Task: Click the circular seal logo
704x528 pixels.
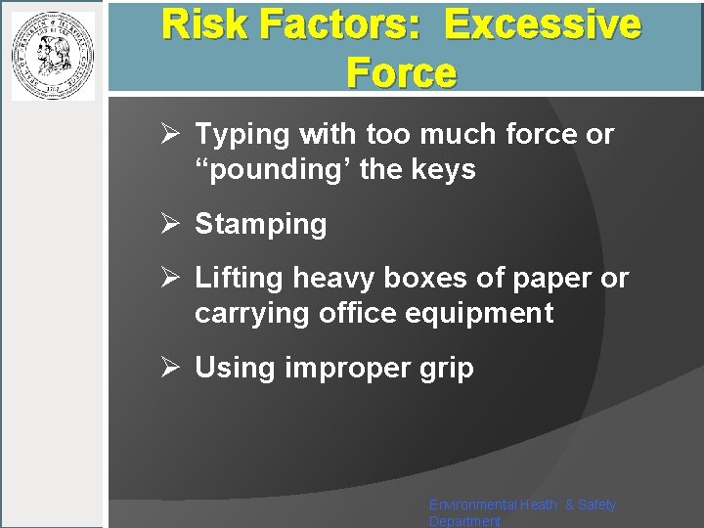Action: pos(53,55)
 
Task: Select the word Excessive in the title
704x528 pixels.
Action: pos(543,24)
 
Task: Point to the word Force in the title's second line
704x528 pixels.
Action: pos(401,72)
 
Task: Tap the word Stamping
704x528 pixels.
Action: pos(261,225)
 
